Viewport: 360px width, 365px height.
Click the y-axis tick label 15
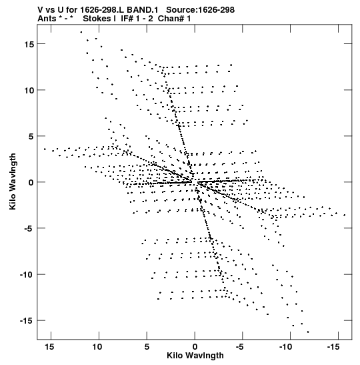pos(29,44)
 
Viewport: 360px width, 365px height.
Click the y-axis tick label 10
pos(29,90)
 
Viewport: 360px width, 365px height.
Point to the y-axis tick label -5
pos(29,229)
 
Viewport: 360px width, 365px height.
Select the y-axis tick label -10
pos(27,275)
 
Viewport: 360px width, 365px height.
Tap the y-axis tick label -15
pos(27,321)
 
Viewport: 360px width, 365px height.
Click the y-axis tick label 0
pos(31,183)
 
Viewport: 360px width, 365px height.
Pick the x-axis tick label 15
pos(50,347)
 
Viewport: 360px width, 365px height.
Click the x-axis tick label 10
pos(97,347)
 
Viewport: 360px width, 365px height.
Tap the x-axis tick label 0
pos(195,347)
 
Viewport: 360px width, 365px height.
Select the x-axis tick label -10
pos(285,347)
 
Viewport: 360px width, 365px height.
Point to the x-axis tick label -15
pos(333,347)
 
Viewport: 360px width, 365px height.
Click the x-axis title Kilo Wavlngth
pos(195,356)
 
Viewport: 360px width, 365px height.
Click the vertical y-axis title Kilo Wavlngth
pos(13,181)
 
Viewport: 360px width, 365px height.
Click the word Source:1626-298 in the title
pos(200,10)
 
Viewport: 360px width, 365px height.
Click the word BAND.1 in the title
pos(142,10)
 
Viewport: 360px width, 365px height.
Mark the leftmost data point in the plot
pos(45,149)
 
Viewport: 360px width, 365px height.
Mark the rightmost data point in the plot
pos(345,215)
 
